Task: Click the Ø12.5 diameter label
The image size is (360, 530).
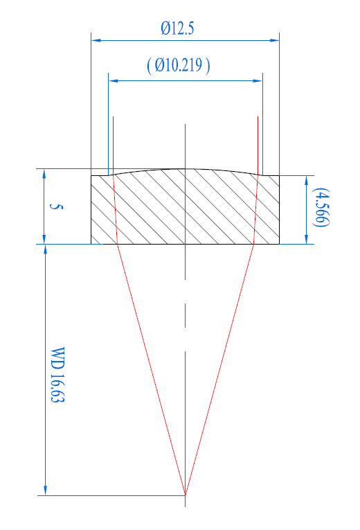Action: click(178, 28)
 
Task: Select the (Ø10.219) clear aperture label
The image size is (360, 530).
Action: click(179, 65)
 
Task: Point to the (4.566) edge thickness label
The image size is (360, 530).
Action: click(321, 207)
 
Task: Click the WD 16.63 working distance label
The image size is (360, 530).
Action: click(57, 374)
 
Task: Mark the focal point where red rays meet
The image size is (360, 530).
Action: click(185, 495)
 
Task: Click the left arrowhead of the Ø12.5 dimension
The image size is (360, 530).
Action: click(96, 40)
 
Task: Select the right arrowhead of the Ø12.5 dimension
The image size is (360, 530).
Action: click(275, 40)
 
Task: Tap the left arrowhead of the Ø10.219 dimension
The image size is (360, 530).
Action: click(113, 81)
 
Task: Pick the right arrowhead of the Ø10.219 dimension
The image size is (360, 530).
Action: click(258, 81)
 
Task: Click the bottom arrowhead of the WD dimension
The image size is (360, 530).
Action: click(45, 491)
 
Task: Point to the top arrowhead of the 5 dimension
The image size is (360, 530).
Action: click(44, 173)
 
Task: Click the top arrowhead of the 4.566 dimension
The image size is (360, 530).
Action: click(306, 181)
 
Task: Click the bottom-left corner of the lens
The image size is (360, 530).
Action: click(91, 244)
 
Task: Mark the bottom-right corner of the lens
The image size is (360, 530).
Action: click(279, 244)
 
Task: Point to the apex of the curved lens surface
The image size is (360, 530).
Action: click(185, 168)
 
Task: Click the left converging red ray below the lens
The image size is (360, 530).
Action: click(151, 369)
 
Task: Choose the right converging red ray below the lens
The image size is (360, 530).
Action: click(219, 369)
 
